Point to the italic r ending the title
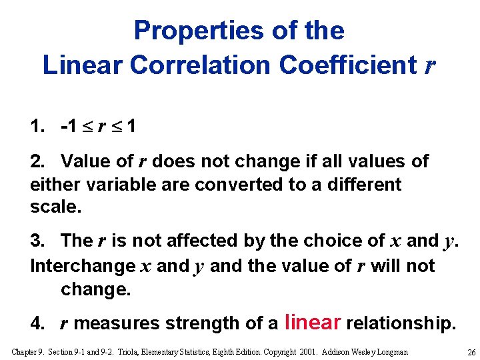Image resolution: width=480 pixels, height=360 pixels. [x=431, y=65]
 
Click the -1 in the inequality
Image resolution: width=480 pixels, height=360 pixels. [x=69, y=126]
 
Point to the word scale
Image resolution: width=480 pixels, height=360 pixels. [x=55, y=207]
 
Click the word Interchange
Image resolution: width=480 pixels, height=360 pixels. [x=83, y=265]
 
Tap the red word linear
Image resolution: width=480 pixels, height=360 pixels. [x=313, y=323]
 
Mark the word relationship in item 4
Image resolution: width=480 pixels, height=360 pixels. [x=401, y=324]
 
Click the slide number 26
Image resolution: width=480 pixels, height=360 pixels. [x=471, y=352]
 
